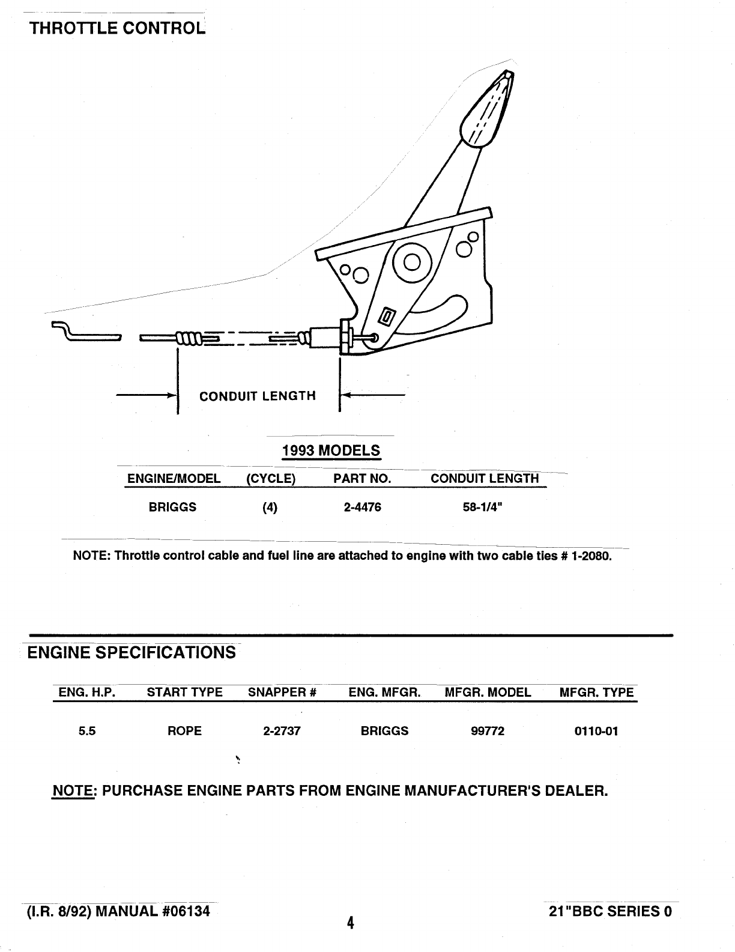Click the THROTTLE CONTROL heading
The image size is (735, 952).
(x=117, y=28)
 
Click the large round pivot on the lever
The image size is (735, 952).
(x=413, y=262)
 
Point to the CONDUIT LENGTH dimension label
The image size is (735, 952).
(x=257, y=396)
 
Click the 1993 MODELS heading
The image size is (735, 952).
(x=331, y=450)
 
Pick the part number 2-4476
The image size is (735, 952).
(x=362, y=508)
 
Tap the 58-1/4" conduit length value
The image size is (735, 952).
(x=482, y=508)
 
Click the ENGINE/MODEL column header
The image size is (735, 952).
(x=174, y=479)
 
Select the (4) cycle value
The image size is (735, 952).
(x=270, y=508)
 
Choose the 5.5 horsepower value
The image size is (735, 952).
(x=87, y=731)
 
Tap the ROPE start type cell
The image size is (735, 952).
(x=185, y=731)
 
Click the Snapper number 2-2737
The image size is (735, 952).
(x=282, y=731)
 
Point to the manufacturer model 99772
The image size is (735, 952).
(x=488, y=731)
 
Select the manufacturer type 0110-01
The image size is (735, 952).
(x=596, y=731)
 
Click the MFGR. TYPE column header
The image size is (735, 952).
(x=596, y=693)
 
